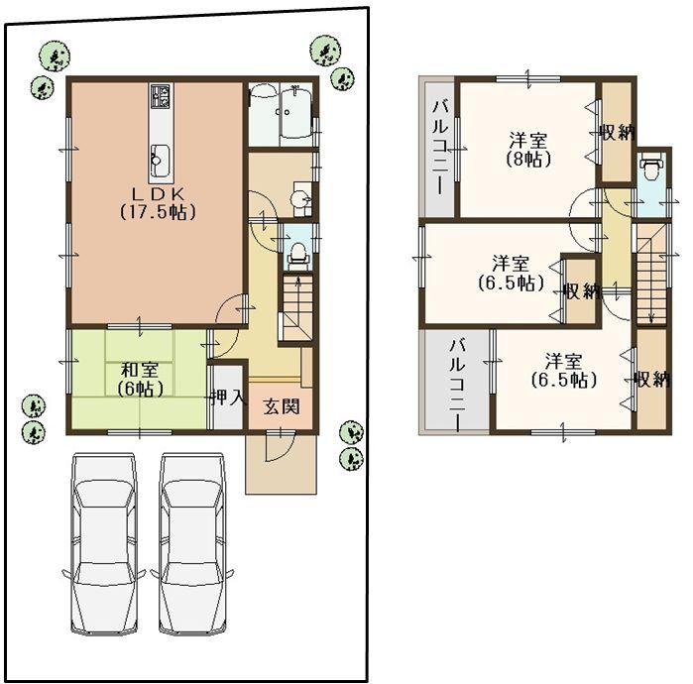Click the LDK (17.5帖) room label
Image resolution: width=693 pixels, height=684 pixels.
[157, 202]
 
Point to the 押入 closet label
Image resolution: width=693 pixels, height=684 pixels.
[227, 399]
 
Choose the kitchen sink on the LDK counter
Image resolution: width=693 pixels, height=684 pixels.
[161, 155]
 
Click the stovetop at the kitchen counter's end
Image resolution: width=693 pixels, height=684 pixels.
[161, 97]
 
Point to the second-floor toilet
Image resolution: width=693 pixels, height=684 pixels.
[650, 171]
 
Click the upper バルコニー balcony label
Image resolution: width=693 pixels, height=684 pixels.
[439, 147]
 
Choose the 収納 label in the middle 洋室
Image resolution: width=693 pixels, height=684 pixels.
[581, 290]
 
